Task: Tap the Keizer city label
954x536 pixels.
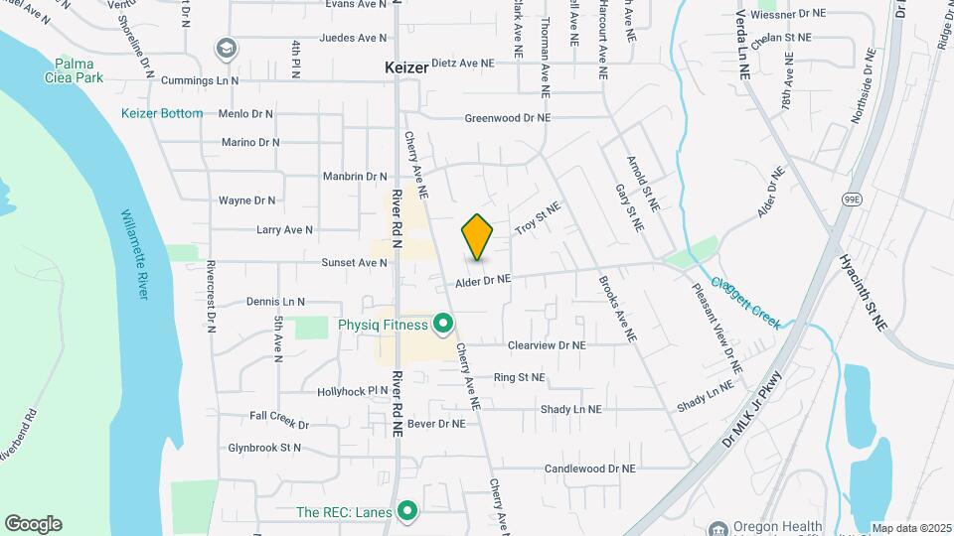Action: (x=406, y=68)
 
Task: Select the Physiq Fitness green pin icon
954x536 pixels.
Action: (x=443, y=325)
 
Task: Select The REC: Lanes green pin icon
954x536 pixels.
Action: (x=406, y=511)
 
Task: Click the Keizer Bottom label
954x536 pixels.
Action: (x=162, y=113)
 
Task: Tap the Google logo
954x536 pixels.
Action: (x=33, y=523)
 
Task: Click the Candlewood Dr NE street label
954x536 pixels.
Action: (x=589, y=468)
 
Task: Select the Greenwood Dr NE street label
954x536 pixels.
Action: (x=507, y=118)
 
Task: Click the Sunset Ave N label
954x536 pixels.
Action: (x=354, y=263)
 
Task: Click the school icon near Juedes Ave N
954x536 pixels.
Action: (x=227, y=48)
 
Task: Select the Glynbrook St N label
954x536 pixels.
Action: (x=263, y=448)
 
